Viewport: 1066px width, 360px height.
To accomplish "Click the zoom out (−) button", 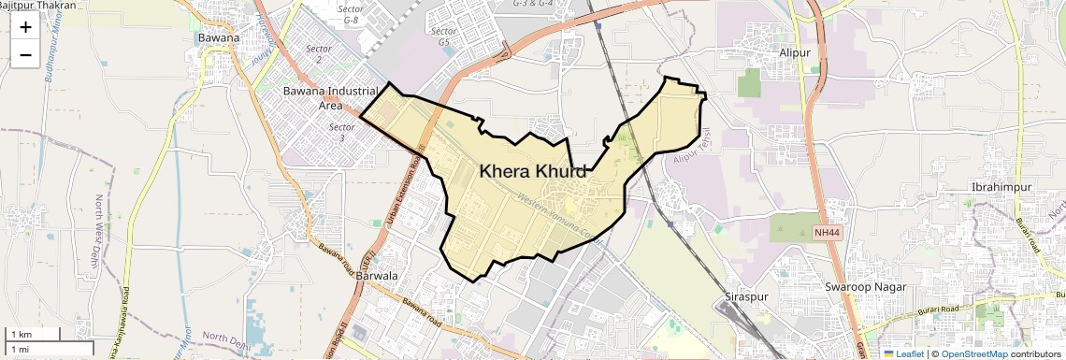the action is pos(25,55).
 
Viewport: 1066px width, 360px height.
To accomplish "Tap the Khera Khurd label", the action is pos(533,172).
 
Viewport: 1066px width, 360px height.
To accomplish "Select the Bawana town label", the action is pos(219,38).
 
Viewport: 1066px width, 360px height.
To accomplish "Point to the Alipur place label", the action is pos(795,53).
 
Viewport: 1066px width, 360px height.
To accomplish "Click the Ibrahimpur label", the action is pos(1001,187).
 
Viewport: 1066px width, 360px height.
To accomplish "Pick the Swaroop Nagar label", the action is pos(866,286).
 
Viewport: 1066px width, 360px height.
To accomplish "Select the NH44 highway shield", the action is pos(828,230).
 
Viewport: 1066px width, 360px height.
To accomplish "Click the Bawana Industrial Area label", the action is pos(329,98).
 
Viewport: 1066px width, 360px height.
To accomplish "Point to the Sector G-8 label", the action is pos(352,14).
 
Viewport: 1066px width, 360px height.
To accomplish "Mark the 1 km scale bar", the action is pos(33,334).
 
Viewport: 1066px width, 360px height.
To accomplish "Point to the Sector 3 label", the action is pos(343,132).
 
